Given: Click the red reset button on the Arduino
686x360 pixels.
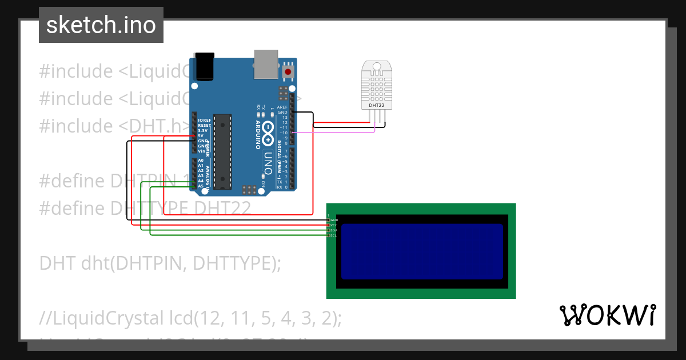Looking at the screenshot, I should [x=289, y=72].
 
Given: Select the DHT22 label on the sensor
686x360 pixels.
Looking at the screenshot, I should [x=376, y=105].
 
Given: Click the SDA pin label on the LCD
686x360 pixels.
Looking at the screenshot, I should [x=334, y=230].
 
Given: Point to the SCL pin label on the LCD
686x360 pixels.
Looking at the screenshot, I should [x=334, y=235].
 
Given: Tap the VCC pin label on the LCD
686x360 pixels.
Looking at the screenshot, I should [x=334, y=225].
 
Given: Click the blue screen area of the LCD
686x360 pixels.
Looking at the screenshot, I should [x=422, y=251].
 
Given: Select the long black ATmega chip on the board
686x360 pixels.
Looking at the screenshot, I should [x=222, y=151].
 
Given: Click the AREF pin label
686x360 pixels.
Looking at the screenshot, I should [x=282, y=107].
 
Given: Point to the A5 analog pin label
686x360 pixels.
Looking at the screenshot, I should [x=201, y=186].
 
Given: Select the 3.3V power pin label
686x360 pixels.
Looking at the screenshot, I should [x=202, y=131].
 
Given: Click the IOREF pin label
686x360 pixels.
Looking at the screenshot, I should [x=204, y=121].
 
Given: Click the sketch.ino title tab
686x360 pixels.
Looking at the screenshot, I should [x=101, y=25].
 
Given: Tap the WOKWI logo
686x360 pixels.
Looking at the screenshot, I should [x=607, y=315].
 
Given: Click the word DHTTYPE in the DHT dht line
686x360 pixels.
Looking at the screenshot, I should [x=230, y=263].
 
